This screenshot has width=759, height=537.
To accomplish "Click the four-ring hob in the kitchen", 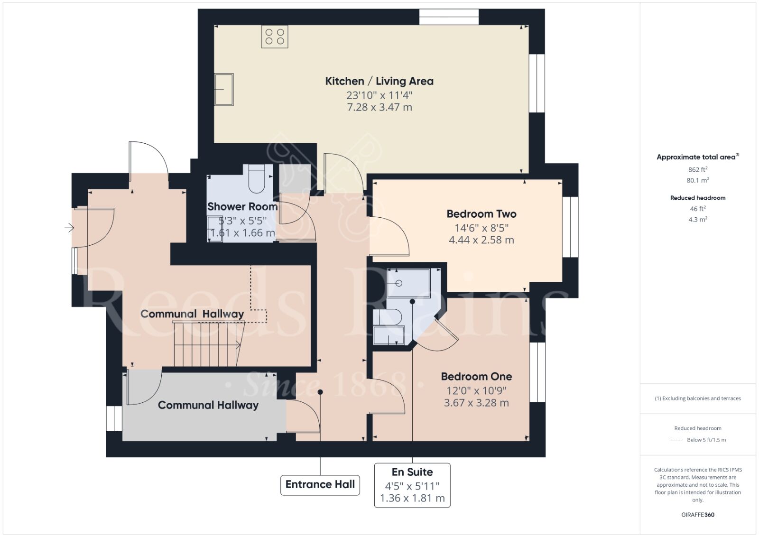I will point(275,37).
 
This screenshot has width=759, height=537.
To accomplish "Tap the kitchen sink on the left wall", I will point(224,89).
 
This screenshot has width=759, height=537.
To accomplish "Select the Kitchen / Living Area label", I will point(379,81).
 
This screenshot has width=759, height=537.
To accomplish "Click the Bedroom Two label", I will point(481,214).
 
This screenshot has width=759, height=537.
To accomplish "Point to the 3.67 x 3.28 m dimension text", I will point(476,403).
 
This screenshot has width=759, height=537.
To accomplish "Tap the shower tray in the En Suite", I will point(408,283).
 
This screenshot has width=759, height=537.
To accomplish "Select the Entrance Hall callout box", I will point(320,485).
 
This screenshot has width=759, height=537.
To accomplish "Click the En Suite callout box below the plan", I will point(412,485).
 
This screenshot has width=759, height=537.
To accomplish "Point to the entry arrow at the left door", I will point(69,229).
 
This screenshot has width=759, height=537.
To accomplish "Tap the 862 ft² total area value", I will point(697,169).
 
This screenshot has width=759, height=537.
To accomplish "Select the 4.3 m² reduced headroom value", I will point(697,220).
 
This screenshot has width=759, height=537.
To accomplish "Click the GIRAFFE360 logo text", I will point(697,515).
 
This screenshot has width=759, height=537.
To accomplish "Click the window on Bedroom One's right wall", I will point(537,372).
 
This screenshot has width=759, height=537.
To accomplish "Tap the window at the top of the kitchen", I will point(449,17).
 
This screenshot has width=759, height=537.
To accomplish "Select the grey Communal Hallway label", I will point(208,405).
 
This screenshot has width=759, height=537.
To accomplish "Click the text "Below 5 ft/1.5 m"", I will point(706,440).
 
